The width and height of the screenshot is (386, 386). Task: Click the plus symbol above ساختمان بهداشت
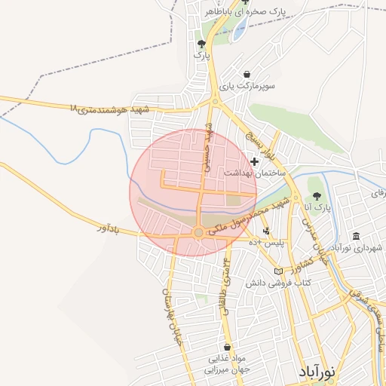[255, 161]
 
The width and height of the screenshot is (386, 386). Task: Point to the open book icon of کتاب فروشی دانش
[279, 271]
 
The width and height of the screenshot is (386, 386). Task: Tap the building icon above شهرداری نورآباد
[356, 236]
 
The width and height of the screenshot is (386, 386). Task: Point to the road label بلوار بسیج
[256, 141]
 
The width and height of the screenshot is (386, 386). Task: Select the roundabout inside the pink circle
[198, 232]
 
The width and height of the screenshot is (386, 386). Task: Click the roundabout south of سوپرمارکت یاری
[215, 101]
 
